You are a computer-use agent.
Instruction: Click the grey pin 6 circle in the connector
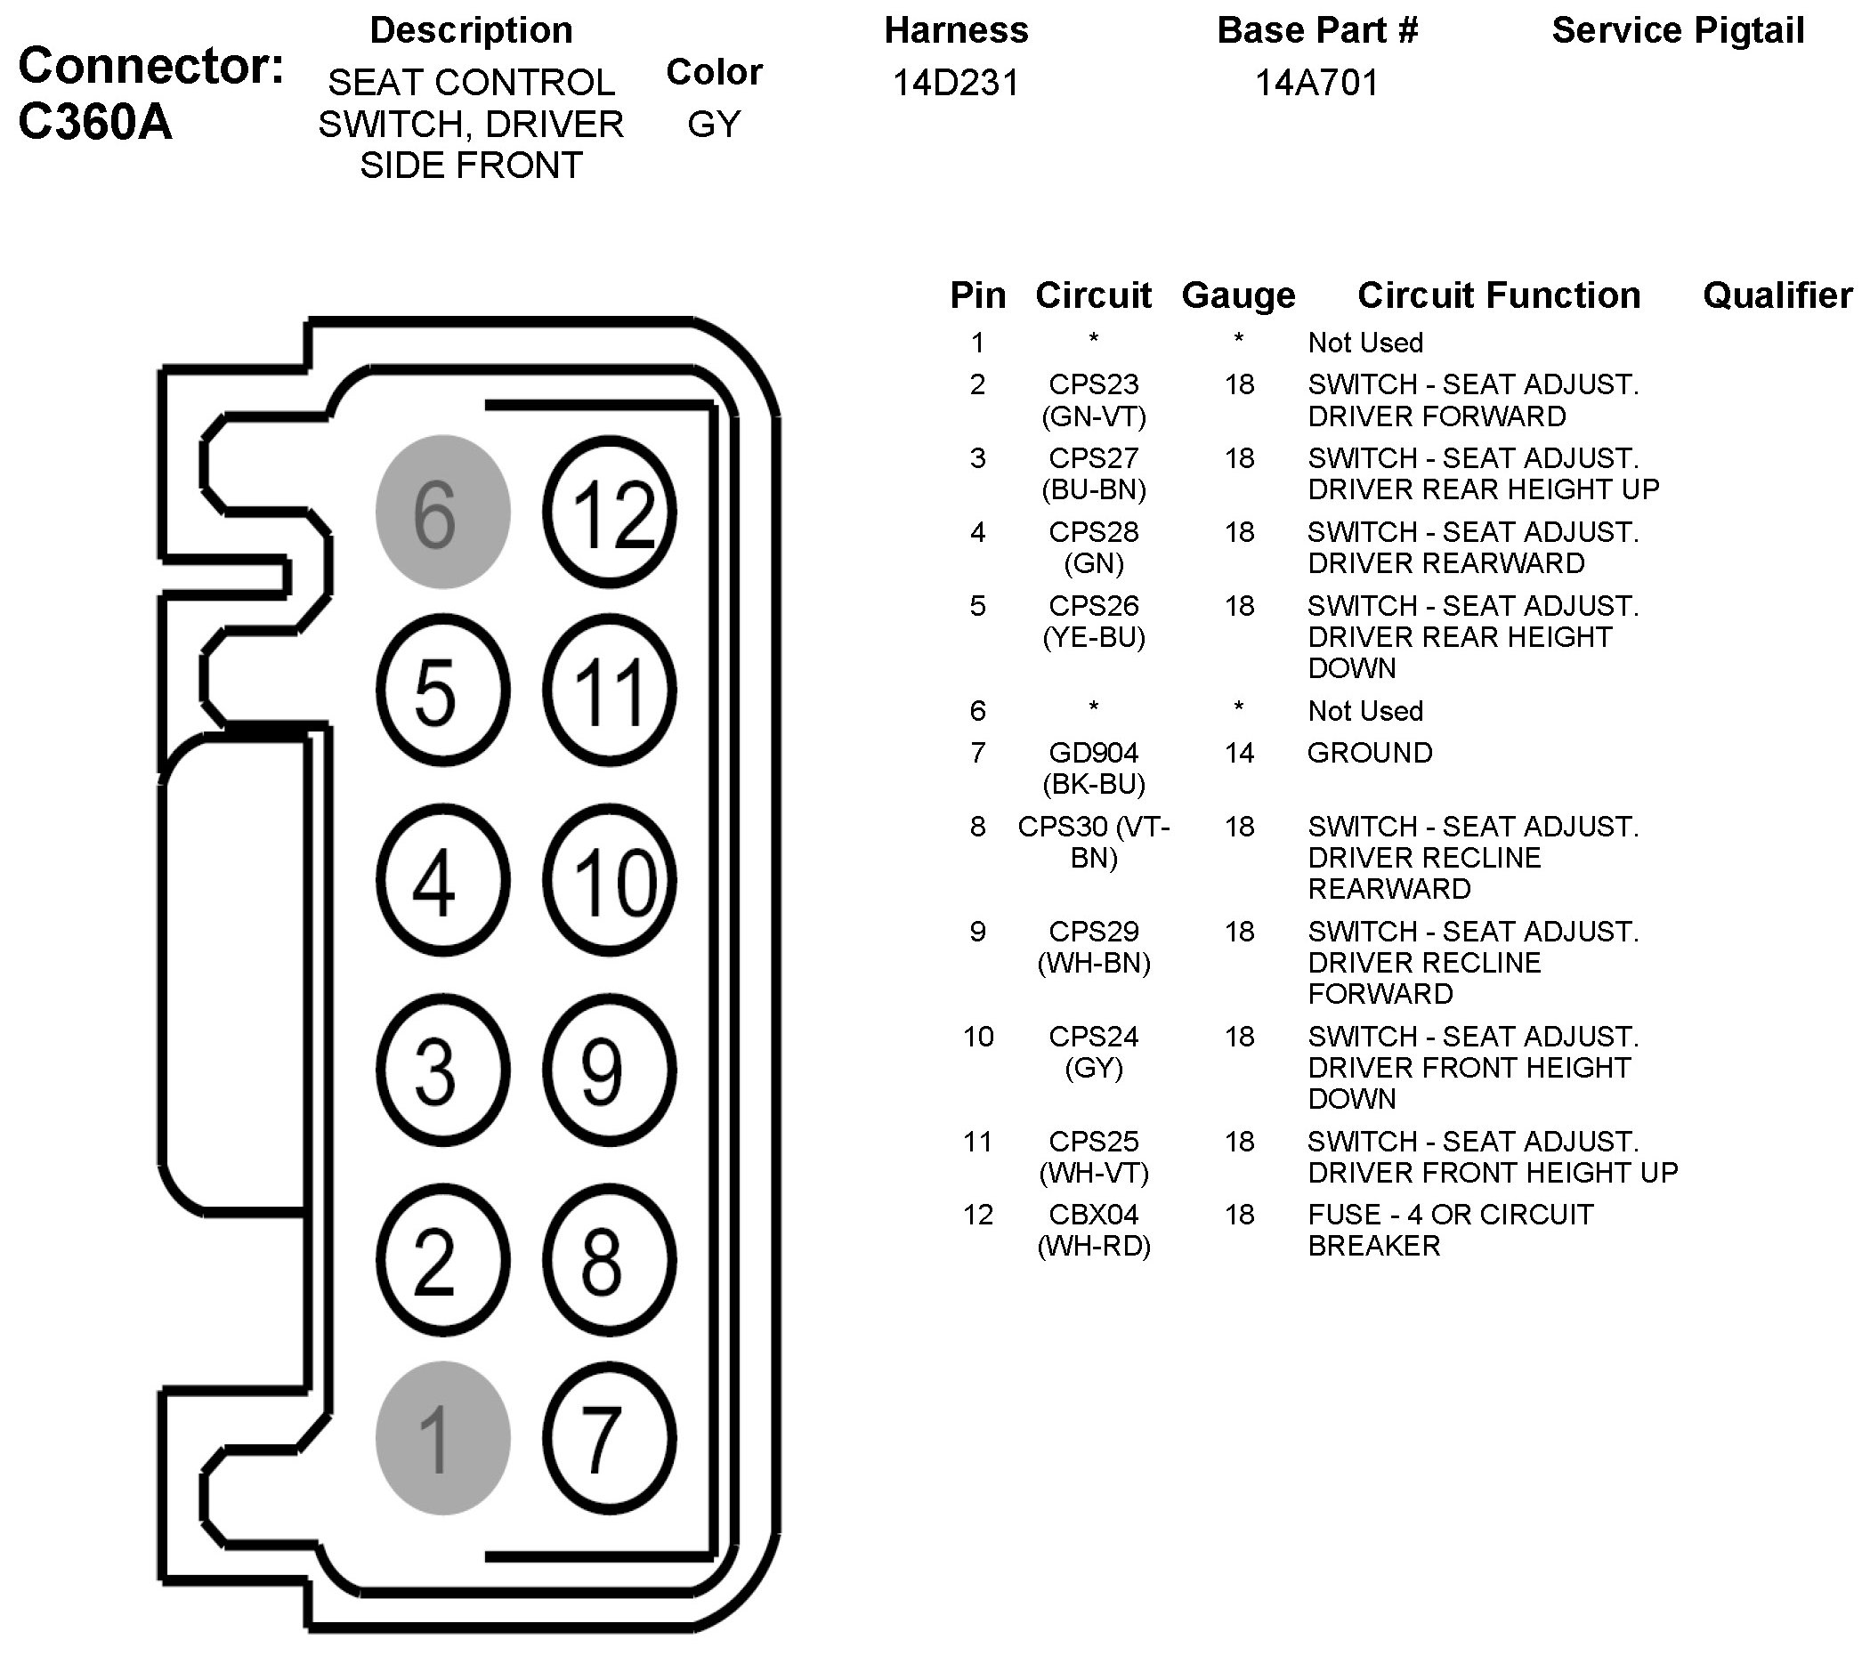coord(442,512)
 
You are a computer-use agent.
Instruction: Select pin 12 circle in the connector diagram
coord(611,512)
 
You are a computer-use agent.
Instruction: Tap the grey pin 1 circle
coord(442,1438)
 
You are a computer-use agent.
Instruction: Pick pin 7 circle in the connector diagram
coord(611,1438)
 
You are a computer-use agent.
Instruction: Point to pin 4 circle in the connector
coord(442,881)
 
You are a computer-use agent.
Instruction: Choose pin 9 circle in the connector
coord(611,1069)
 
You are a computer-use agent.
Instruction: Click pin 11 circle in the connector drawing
coord(611,691)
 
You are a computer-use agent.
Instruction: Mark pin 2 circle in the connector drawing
coord(442,1261)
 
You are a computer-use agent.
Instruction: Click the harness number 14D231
coord(955,84)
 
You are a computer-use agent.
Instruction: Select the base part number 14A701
coord(1316,84)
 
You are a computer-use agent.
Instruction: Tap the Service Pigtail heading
coord(1678,30)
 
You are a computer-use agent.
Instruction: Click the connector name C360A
coord(95,122)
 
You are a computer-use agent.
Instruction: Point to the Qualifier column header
coord(1777,295)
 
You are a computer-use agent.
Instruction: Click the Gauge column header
coord(1239,295)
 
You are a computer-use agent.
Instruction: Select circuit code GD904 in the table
coord(1093,753)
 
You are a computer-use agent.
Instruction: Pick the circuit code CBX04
coord(1093,1215)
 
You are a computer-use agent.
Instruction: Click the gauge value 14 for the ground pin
coord(1239,753)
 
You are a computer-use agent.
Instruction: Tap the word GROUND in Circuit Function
coord(1370,753)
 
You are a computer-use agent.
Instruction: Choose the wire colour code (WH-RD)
coord(1093,1246)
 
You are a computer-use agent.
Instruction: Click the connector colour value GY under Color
coord(714,125)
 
